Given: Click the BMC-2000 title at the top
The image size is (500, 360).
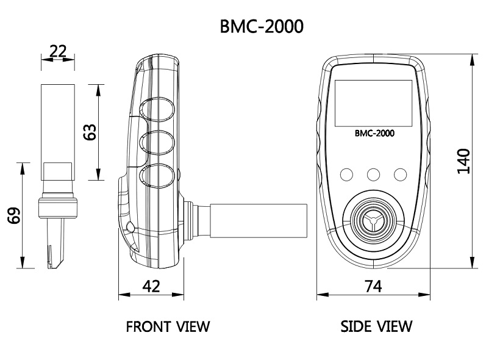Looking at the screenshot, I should pos(262,27).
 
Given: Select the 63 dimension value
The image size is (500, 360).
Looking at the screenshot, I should pos(90,132).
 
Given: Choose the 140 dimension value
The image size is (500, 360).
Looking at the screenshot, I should pos(463,160).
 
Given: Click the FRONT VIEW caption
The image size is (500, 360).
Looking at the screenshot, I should pos(167,326).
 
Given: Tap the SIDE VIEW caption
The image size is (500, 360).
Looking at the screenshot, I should pos(376,326).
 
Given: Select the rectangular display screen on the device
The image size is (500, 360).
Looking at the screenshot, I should pos(373,103).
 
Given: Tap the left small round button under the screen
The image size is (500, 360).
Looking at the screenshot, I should pos(346,175).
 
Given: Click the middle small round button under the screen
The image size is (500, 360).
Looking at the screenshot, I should pos(373,175).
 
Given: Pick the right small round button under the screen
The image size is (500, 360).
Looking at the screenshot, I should pos(400,175).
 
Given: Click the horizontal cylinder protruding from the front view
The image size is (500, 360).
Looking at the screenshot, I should pos(256,221).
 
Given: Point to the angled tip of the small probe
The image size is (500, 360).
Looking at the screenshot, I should pos(52,259).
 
